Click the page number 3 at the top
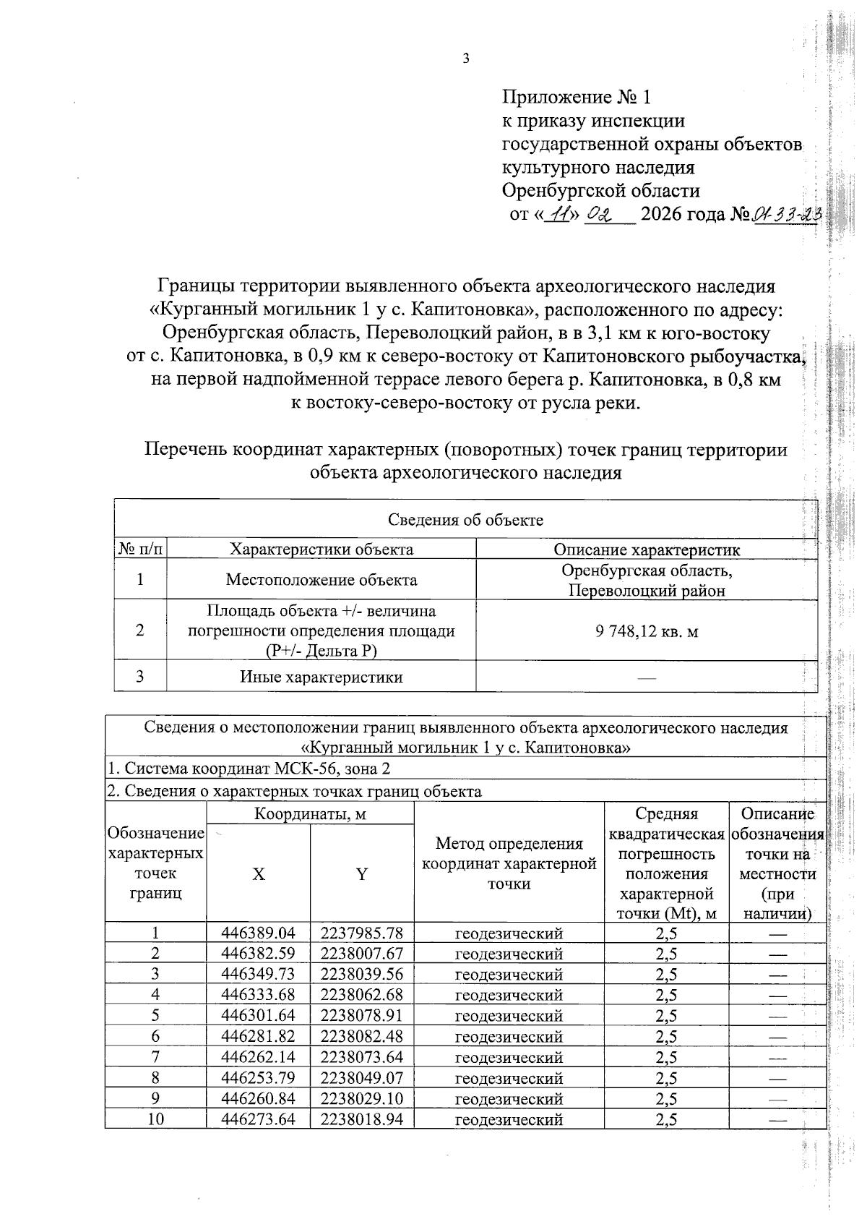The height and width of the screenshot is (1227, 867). click(x=466, y=59)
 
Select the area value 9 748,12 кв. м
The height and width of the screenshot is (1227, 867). click(x=647, y=631)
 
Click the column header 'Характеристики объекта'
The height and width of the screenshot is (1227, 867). click(x=321, y=550)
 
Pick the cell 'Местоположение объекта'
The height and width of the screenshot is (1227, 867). click(x=321, y=580)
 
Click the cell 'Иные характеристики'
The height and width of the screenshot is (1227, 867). click(x=321, y=677)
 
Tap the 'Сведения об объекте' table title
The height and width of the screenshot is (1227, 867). click(x=465, y=520)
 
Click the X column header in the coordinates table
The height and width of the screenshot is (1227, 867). click(x=258, y=874)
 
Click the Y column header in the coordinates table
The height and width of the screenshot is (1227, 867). click(x=361, y=874)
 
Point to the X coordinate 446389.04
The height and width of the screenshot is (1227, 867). click(x=258, y=933)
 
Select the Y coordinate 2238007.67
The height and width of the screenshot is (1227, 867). click(x=361, y=954)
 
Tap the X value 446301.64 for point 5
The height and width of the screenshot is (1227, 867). click(x=258, y=1016)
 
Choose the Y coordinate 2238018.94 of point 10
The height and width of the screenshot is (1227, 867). click(x=361, y=1120)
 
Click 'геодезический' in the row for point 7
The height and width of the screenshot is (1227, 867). click(x=509, y=1058)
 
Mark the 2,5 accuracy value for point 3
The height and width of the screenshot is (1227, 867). click(x=666, y=975)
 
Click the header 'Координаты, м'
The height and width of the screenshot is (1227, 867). click(x=310, y=814)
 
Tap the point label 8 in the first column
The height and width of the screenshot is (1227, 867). click(x=155, y=1078)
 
